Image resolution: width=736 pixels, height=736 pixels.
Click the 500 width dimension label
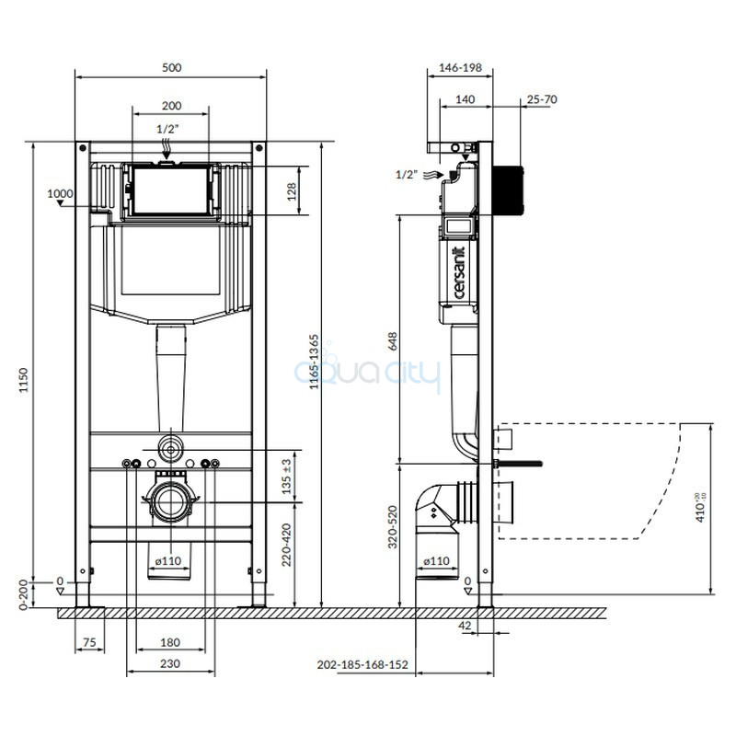(172, 67)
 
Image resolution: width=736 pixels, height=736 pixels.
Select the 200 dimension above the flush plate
(172, 106)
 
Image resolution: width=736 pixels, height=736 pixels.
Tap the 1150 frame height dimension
(24, 380)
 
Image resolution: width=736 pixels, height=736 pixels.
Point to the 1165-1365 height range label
(314, 362)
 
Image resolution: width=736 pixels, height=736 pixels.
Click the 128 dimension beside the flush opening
(292, 192)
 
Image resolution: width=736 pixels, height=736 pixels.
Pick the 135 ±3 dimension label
(286, 476)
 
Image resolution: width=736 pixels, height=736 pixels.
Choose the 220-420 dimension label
(286, 545)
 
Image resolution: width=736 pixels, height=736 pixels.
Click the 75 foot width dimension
(89, 642)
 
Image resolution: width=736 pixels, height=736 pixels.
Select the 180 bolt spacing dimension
(170, 642)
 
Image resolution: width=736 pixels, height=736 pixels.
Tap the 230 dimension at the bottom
(170, 663)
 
